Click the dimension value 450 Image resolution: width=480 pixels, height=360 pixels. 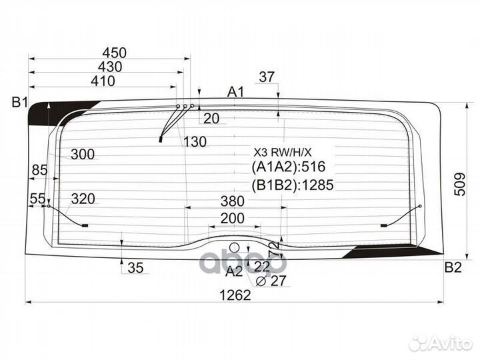[115, 53]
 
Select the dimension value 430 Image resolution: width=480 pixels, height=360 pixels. [110, 67]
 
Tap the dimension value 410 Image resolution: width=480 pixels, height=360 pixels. [103, 81]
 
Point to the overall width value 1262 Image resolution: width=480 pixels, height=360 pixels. [235, 295]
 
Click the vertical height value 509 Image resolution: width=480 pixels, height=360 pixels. [460, 184]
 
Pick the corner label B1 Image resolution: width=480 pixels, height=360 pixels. [20, 102]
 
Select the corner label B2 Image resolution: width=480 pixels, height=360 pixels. [453, 267]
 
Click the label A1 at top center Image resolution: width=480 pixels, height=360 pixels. [236, 91]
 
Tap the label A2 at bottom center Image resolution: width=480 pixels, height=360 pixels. [234, 271]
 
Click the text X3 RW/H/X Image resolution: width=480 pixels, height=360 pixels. [282, 152]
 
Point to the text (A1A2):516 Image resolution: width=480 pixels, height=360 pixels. [289, 167]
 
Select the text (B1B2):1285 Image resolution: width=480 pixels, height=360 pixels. [293, 185]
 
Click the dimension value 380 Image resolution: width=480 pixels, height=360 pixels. [233, 201]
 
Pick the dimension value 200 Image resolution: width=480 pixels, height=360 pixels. [233, 218]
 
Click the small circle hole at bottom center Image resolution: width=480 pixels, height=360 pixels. [235, 247]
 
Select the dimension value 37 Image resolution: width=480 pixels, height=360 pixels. [267, 77]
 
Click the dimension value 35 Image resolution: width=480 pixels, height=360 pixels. [135, 268]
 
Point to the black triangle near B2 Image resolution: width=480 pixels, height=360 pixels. [393, 251]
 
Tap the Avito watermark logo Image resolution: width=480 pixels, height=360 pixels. [441, 343]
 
